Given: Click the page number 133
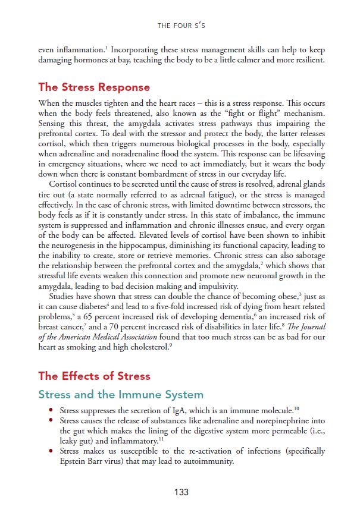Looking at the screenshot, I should tap(181, 492).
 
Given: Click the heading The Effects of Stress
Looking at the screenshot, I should tap(94, 376).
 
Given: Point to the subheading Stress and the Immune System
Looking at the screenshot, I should tap(121, 395).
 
